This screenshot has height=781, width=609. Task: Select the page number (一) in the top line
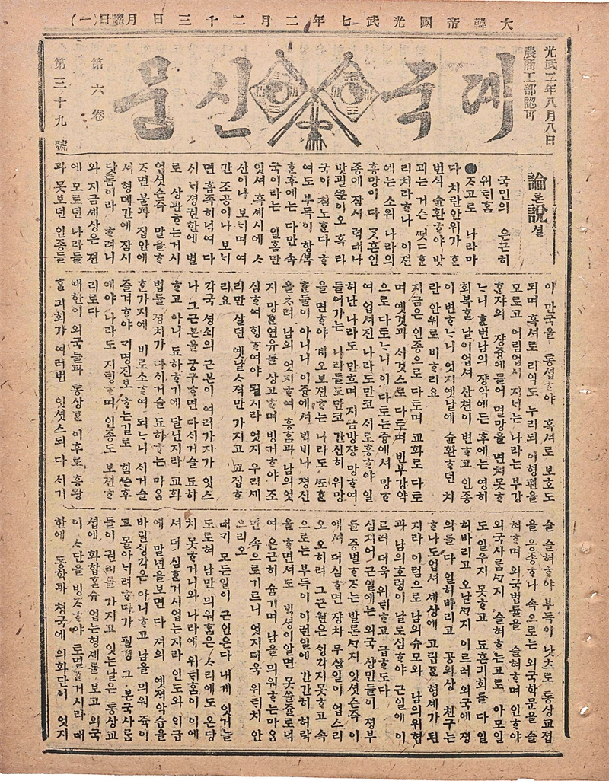click(81, 21)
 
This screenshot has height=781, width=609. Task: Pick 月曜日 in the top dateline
click(114, 21)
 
